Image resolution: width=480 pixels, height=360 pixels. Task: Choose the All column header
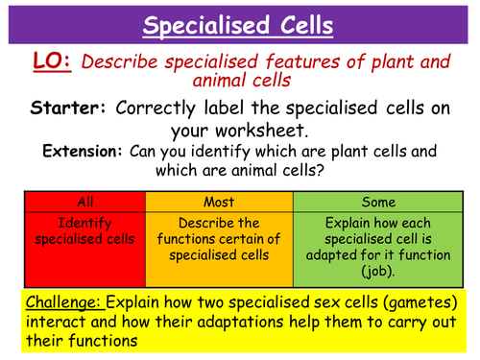click(83, 202)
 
